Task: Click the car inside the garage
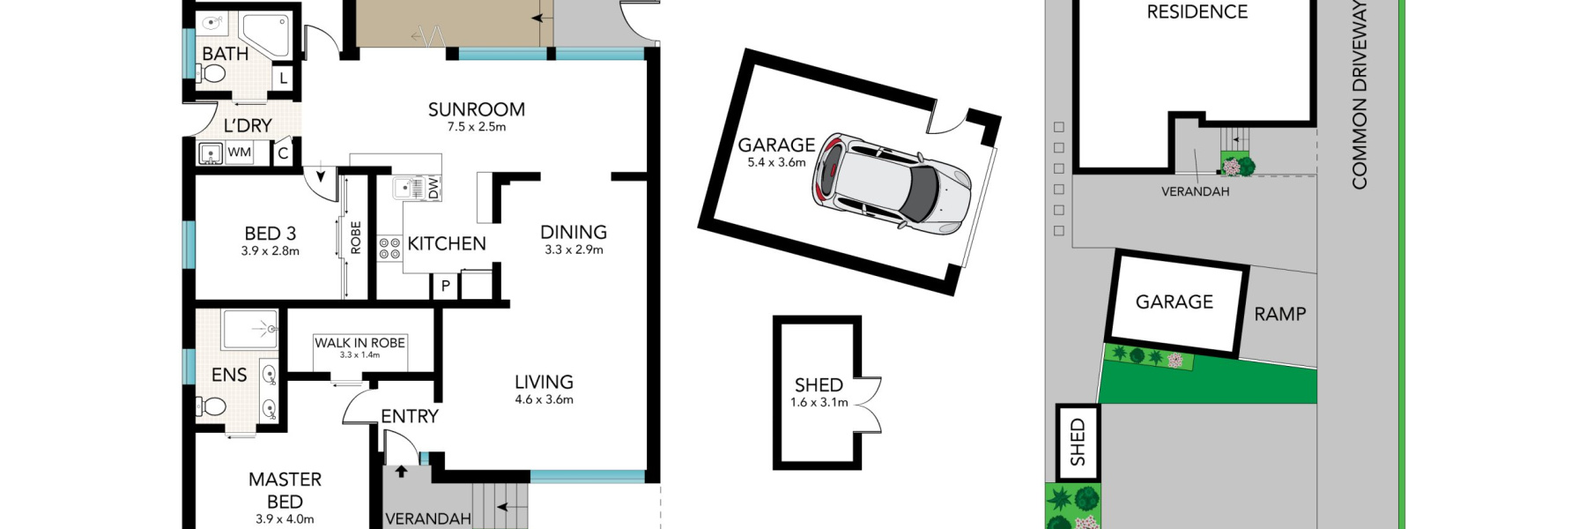(x=892, y=183)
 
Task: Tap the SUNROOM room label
(x=477, y=109)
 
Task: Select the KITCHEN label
(x=447, y=243)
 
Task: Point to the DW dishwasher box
(x=434, y=188)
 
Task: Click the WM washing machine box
(x=240, y=153)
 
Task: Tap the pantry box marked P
(x=445, y=286)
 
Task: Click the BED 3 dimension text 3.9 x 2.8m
(x=271, y=251)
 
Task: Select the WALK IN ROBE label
(x=359, y=343)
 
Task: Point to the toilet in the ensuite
(x=212, y=406)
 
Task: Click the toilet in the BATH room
(x=211, y=74)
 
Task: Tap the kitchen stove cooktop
(x=389, y=249)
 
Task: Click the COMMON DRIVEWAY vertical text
(x=1360, y=94)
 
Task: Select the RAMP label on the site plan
(x=1280, y=314)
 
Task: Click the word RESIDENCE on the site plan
(x=1197, y=11)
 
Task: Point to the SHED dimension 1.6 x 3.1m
(x=819, y=403)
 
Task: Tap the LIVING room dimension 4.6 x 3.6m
(x=545, y=399)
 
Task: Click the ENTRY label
(x=410, y=416)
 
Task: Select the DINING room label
(x=574, y=232)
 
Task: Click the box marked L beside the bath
(x=283, y=78)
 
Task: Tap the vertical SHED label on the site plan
(x=1078, y=443)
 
